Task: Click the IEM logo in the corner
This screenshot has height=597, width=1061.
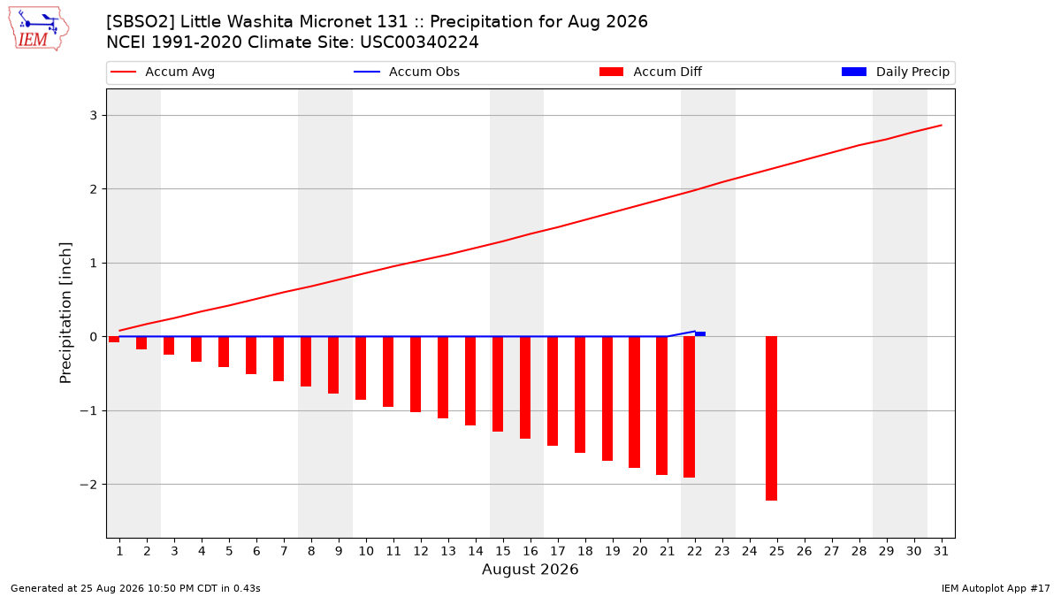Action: (38, 29)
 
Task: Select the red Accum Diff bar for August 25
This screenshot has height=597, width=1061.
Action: (771, 418)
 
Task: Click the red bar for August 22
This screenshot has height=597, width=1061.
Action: (689, 407)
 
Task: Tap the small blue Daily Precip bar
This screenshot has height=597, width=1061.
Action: (700, 334)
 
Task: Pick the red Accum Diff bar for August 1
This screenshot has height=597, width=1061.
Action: (114, 340)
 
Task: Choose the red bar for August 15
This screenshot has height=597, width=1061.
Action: (498, 384)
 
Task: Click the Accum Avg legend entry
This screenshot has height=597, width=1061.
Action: (163, 72)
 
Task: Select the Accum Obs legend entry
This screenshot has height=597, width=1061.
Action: (407, 72)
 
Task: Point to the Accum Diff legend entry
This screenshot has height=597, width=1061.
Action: (651, 72)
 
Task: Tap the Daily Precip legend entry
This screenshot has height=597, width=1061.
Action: (895, 72)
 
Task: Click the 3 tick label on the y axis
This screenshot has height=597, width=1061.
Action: (94, 116)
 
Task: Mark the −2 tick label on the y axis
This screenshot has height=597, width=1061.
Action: (88, 485)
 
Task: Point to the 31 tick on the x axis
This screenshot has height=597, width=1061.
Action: (941, 551)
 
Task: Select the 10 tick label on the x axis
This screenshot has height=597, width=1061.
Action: (366, 551)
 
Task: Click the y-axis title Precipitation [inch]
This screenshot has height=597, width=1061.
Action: (65, 313)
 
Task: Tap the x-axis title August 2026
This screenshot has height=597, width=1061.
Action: (530, 569)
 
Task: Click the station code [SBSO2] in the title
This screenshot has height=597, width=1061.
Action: (141, 22)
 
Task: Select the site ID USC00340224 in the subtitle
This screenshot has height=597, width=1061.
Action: (419, 42)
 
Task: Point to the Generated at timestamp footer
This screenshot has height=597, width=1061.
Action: (135, 588)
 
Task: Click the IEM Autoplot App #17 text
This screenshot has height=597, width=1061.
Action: (996, 588)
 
